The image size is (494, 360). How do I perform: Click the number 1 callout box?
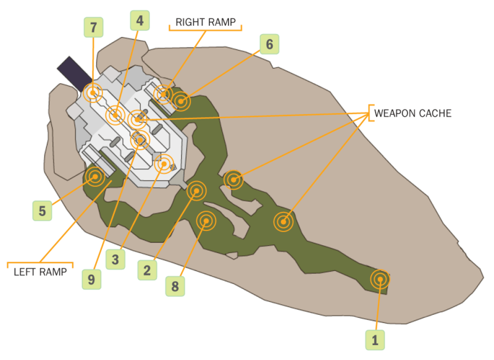375,339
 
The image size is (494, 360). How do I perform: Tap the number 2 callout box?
148,270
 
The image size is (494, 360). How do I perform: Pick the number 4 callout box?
140,20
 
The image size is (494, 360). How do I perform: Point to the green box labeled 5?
42,211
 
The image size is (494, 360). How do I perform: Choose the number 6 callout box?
269,44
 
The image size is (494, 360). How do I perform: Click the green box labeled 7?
93,27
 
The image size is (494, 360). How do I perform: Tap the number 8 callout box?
175,286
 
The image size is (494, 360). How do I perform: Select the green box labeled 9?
91,279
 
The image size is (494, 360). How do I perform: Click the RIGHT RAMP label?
206,22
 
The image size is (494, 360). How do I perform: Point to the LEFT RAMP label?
40,271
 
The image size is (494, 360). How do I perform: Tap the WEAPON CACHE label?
412,114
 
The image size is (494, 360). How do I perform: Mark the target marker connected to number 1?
380,280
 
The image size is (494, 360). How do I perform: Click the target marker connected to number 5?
95,177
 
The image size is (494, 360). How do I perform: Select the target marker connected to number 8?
206,220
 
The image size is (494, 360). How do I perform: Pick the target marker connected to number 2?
197,191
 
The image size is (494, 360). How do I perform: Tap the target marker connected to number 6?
180,101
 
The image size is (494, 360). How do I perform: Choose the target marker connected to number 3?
164,164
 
